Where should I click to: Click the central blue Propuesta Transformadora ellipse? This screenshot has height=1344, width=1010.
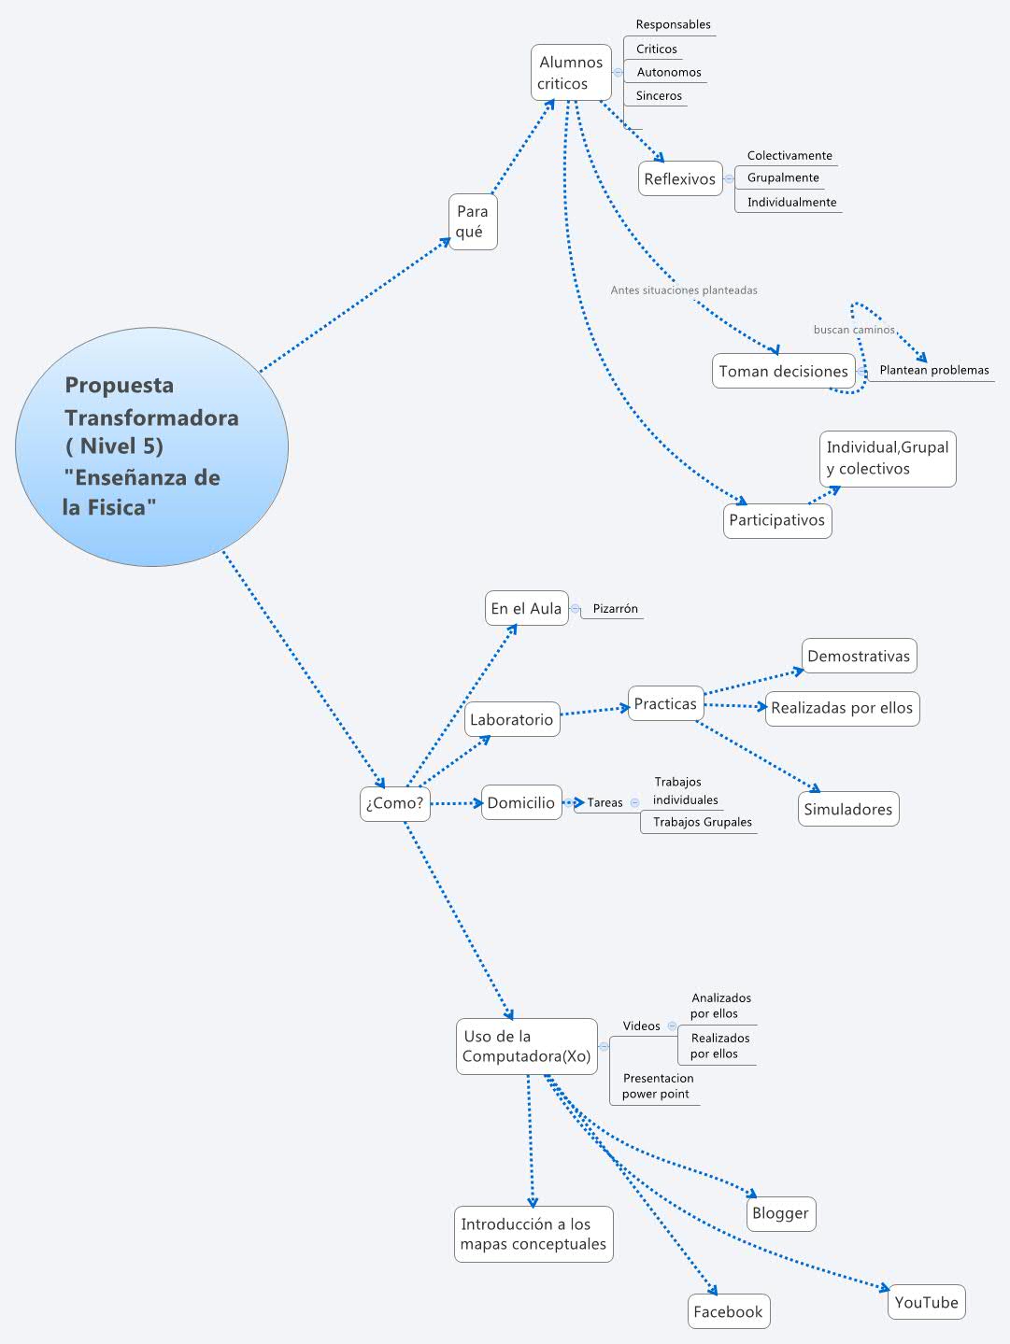click(x=151, y=446)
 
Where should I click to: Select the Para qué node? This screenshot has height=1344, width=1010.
click(x=473, y=222)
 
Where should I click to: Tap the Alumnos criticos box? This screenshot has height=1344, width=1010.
click(x=571, y=73)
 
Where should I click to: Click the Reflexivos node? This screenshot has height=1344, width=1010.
click(x=680, y=179)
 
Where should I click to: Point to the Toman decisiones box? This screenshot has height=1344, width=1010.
click(x=783, y=371)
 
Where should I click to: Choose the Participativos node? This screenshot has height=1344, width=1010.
click(x=777, y=520)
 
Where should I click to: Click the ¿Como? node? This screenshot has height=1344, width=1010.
click(x=395, y=803)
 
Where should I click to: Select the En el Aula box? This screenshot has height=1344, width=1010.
click(x=527, y=608)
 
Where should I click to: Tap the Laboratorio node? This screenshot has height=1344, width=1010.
click(x=512, y=720)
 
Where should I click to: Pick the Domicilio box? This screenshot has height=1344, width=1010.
click(x=521, y=802)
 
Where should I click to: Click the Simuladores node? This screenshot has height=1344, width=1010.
click(x=848, y=809)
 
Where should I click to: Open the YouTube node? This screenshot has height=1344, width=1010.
click(x=926, y=1302)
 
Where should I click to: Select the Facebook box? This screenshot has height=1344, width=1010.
click(x=728, y=1311)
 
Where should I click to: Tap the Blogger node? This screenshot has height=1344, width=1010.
click(x=780, y=1213)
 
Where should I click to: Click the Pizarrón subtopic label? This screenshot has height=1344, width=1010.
click(x=615, y=609)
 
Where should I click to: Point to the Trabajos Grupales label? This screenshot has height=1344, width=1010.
click(x=702, y=822)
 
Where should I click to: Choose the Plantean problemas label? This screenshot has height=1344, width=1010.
click(x=933, y=370)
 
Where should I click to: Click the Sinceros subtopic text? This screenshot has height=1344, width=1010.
click(x=659, y=96)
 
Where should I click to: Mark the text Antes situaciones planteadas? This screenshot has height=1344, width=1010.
click(x=684, y=290)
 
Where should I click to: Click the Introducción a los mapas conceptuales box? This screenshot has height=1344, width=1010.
click(x=533, y=1234)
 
